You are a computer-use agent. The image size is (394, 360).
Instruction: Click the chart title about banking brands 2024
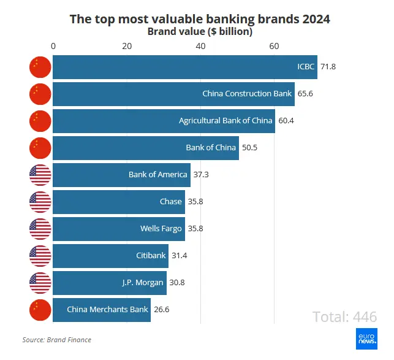click(200, 19)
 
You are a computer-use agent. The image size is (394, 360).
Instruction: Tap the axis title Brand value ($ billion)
click(200, 31)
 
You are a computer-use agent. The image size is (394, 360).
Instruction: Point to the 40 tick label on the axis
click(200, 47)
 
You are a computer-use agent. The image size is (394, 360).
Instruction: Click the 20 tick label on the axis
click(127, 47)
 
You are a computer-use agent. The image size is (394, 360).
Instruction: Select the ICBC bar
click(184, 67)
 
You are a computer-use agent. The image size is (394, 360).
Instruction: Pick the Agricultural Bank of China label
click(225, 121)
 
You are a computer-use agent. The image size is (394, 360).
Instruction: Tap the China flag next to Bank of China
click(40, 148)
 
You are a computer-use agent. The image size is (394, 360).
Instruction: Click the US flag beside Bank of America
click(40, 175)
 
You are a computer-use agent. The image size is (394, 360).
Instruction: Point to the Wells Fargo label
click(161, 229)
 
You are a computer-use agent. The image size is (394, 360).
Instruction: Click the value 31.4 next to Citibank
click(180, 256)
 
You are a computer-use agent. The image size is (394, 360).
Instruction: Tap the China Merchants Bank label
click(108, 310)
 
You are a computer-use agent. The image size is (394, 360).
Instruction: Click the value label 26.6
click(162, 310)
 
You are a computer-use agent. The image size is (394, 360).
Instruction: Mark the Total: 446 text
click(344, 317)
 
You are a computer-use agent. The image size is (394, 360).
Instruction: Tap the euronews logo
click(366, 339)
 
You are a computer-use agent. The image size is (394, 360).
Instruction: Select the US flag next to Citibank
click(40, 256)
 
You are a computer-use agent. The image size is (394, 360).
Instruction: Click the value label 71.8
click(329, 67)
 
